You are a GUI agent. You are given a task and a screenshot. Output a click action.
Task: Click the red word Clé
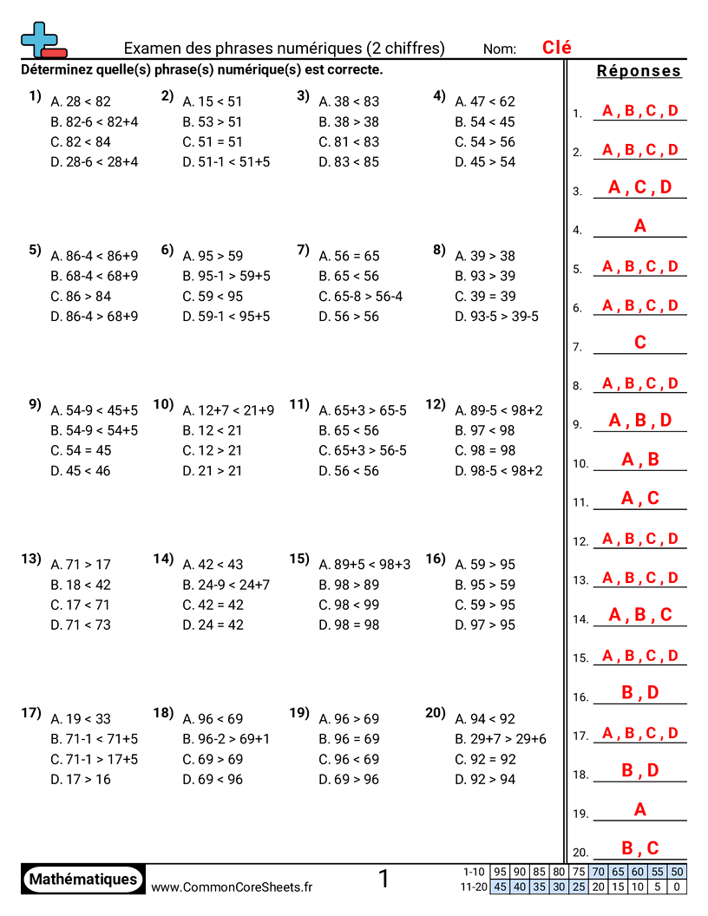click(557, 48)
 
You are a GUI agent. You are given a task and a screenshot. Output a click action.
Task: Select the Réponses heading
click(639, 71)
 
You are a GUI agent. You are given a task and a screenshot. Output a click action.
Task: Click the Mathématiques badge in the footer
click(83, 879)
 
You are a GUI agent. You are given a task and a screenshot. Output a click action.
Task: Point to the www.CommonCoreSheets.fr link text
click(232, 887)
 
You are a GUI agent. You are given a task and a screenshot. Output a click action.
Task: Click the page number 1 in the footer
click(384, 880)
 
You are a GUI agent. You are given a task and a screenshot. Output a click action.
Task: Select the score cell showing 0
click(678, 887)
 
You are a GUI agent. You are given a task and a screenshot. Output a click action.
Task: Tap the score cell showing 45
click(500, 887)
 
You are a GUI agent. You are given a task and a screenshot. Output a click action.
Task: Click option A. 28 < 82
click(82, 101)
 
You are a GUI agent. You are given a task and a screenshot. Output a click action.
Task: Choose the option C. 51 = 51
click(213, 142)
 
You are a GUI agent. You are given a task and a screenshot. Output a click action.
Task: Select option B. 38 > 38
click(349, 122)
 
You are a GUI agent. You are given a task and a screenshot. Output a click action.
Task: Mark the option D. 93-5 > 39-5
click(496, 317)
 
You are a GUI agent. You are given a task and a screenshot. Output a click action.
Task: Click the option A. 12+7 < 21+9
click(228, 410)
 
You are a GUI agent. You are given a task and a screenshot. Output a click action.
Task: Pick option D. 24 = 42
click(213, 625)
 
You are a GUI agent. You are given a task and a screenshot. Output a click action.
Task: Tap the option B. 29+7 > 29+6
click(501, 739)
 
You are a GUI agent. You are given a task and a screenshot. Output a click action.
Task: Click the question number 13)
click(31, 559)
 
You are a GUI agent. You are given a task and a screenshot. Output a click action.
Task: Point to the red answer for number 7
click(640, 343)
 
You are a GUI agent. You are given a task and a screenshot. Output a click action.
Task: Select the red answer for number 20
click(640, 848)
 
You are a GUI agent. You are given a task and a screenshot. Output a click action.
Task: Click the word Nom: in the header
click(500, 49)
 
